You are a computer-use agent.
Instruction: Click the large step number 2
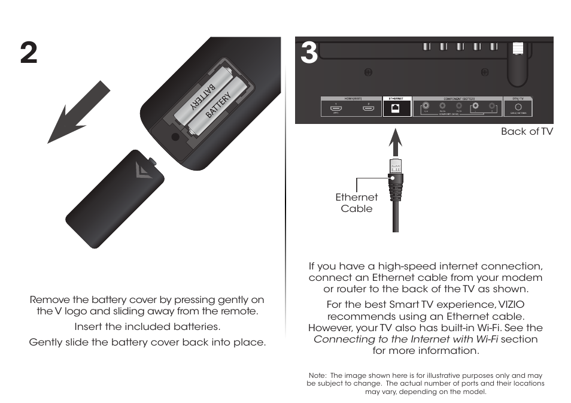point(28,54)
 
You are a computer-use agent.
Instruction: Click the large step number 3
point(308,54)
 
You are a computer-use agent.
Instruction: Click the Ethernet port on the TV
point(396,108)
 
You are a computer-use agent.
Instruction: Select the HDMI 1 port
point(336,108)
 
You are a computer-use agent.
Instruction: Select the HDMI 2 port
point(369,108)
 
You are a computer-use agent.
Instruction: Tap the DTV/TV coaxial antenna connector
point(518,108)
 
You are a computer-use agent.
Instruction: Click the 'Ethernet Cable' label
point(357,203)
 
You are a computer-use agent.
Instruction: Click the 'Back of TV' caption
point(527,132)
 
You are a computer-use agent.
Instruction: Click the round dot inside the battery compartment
point(175,137)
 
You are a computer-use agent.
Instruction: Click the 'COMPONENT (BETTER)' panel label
point(458,98)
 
